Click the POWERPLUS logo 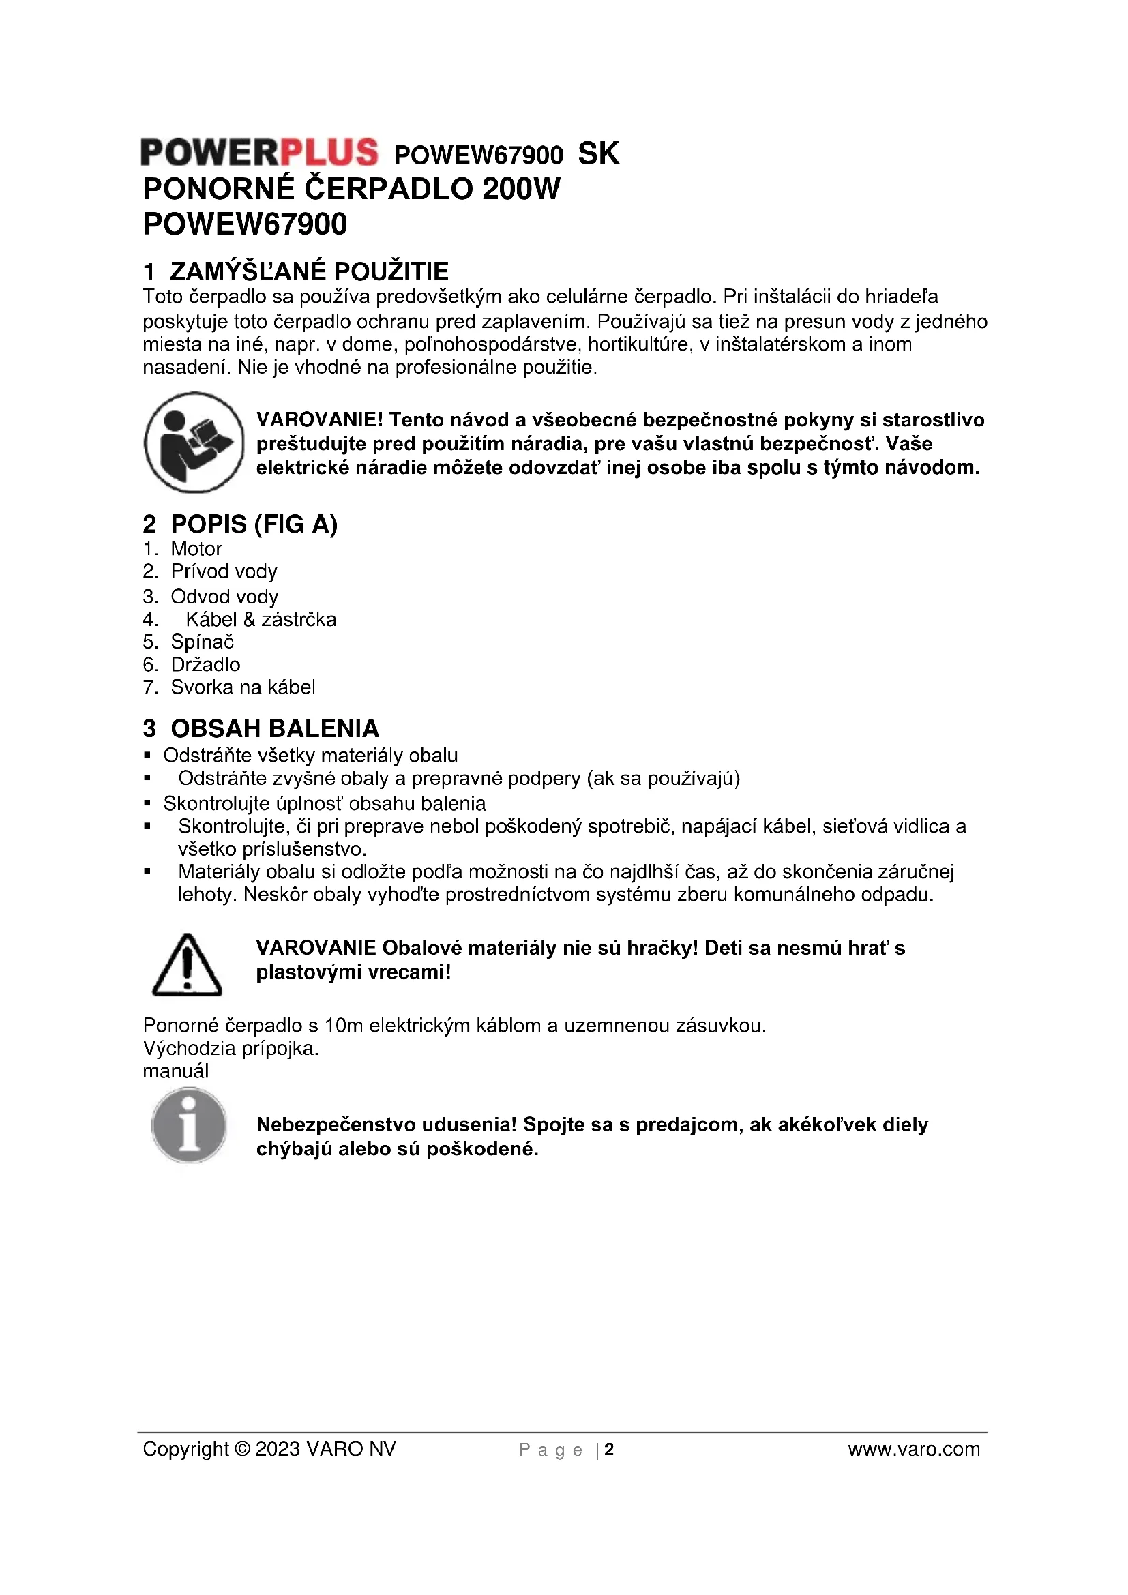[259, 152]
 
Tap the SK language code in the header [598, 153]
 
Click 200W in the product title [521, 189]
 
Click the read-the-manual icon [194, 443]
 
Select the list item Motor [196, 549]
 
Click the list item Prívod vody [224, 571]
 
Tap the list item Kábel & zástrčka [261, 620]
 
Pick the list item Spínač [202, 642]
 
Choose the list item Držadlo [205, 665]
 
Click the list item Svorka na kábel [242, 688]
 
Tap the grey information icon [189, 1124]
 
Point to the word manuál [176, 1071]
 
